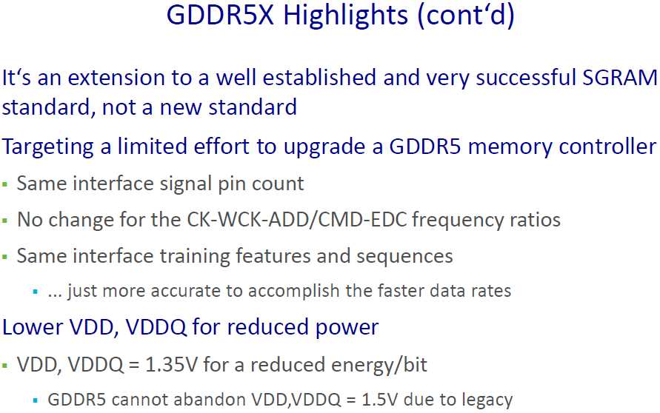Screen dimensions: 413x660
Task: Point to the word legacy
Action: [x=484, y=400]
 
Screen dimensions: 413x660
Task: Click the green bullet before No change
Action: [x=6, y=221]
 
